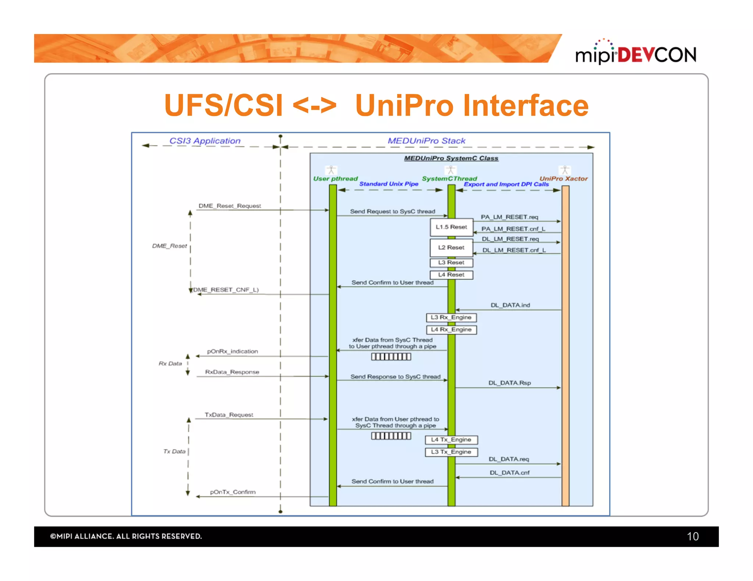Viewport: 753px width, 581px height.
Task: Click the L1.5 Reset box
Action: coord(451,227)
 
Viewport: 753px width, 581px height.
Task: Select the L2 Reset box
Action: coord(451,248)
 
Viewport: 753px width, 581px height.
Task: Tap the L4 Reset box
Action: coord(451,275)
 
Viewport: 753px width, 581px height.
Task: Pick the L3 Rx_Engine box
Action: coord(451,317)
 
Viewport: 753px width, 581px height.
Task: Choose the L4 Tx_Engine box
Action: coord(451,440)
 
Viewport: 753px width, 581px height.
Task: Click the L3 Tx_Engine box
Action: coord(451,452)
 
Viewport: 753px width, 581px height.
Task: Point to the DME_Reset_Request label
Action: coord(229,206)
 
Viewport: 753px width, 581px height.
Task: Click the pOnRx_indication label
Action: coord(232,351)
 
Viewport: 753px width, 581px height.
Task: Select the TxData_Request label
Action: coord(229,415)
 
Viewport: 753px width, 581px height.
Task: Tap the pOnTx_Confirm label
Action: coord(233,492)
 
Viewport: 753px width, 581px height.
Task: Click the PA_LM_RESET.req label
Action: coord(509,217)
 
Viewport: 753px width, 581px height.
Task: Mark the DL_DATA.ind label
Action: coord(510,305)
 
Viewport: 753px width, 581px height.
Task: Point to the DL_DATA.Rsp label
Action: coord(509,383)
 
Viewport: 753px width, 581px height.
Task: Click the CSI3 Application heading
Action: coord(205,141)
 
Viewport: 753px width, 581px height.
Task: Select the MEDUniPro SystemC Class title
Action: coord(451,158)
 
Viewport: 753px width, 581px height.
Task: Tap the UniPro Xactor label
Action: coord(563,179)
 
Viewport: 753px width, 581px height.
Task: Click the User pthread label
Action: coord(335,179)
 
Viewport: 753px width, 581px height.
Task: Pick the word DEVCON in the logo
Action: coord(657,55)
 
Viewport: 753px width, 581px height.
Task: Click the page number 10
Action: coord(692,537)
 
